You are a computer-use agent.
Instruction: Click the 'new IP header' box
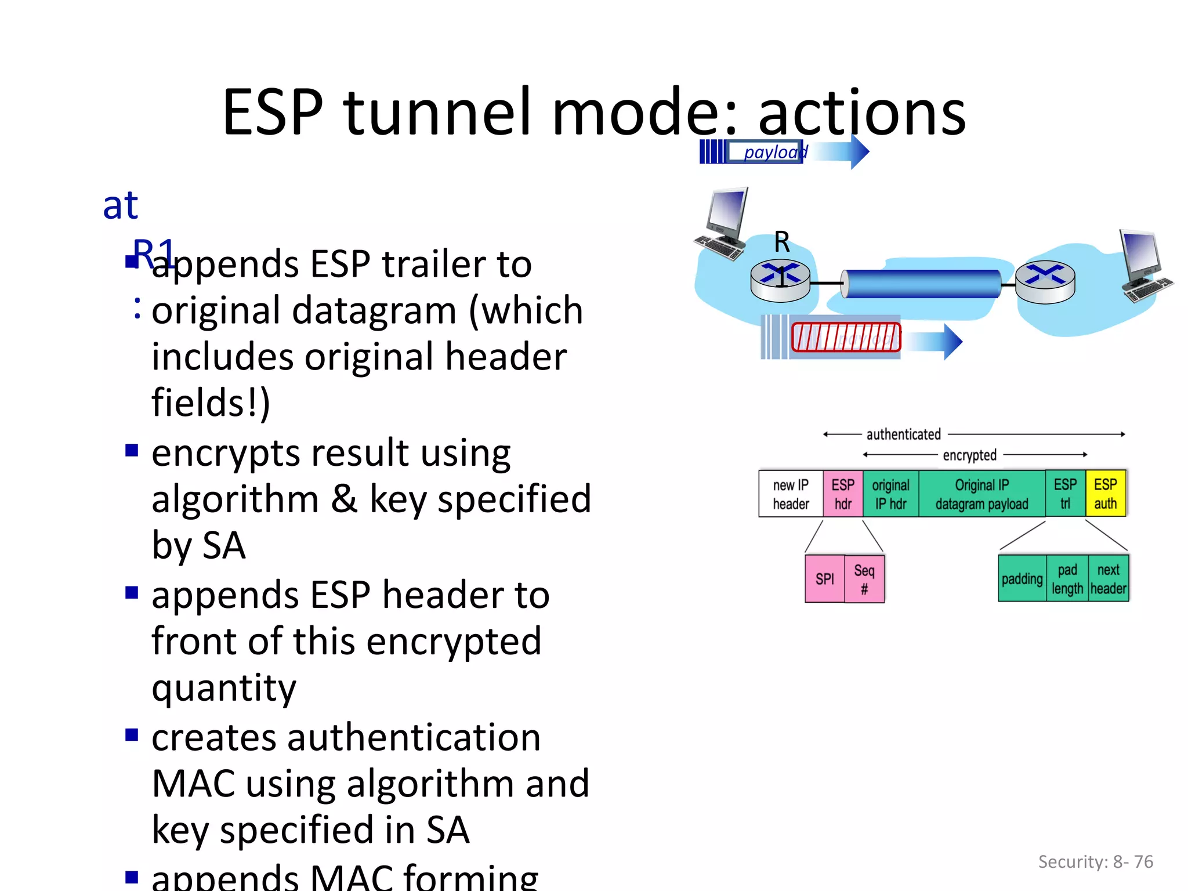(x=791, y=494)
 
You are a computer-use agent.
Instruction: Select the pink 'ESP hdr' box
(x=843, y=494)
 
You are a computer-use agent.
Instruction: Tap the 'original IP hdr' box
(x=890, y=494)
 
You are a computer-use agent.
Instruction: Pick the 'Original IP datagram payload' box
(x=981, y=494)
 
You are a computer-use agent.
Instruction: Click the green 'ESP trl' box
(x=1065, y=494)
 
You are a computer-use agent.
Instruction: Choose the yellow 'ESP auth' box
(x=1106, y=494)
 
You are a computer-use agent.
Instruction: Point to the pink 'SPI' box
(x=824, y=578)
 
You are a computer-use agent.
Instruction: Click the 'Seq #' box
(x=864, y=579)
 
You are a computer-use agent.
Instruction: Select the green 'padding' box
(x=1022, y=578)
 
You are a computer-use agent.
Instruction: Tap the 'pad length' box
(x=1067, y=578)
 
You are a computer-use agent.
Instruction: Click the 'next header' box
(x=1109, y=578)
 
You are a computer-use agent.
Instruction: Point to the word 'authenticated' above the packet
(x=903, y=434)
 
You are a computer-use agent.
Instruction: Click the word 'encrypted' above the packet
(x=969, y=455)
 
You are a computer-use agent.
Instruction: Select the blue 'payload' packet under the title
(x=766, y=152)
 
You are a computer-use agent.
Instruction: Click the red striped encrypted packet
(x=846, y=338)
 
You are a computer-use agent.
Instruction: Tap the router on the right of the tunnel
(x=1045, y=282)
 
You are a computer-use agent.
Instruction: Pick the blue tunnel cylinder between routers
(x=921, y=284)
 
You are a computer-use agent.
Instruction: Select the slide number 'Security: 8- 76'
(x=1095, y=861)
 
